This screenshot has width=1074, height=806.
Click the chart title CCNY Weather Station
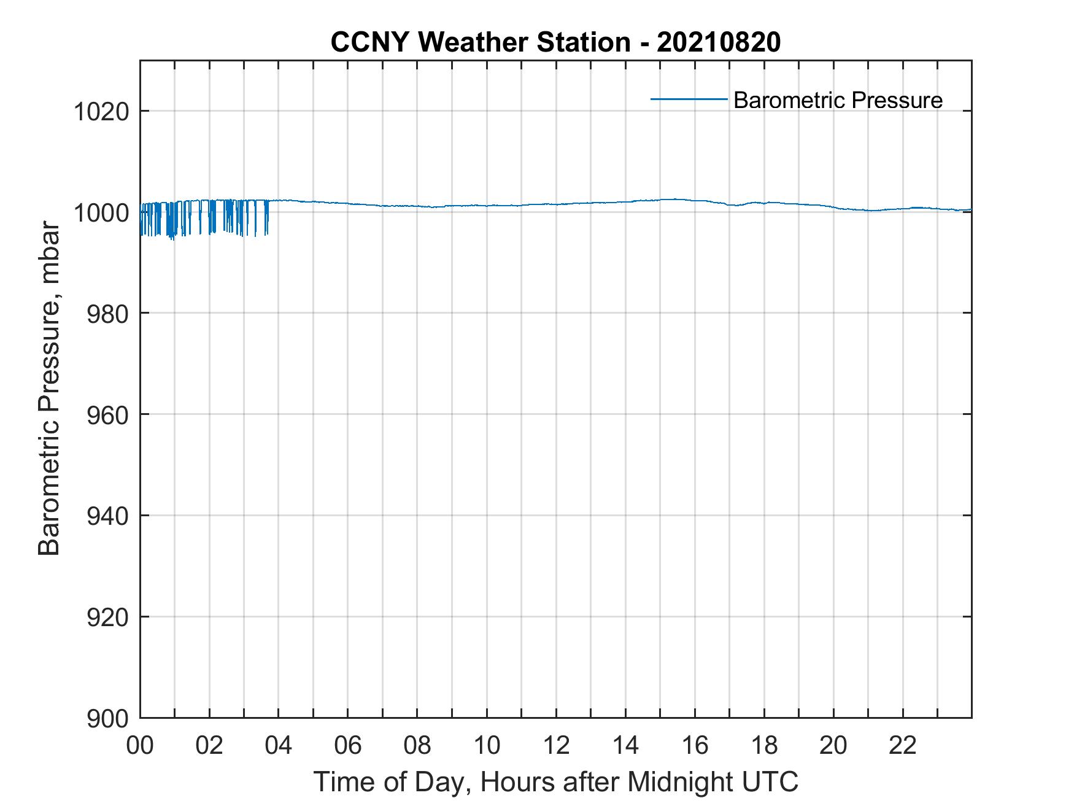pos(480,42)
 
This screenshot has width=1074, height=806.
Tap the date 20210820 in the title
pos(719,42)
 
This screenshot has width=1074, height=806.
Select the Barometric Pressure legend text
pos(838,100)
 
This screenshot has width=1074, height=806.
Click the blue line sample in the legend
pos(689,99)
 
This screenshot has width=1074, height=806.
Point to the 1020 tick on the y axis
pos(101,112)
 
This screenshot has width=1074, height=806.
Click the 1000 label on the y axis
pos(101,213)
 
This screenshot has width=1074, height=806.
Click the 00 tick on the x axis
pos(140,746)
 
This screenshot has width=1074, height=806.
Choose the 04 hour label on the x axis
pos(279,746)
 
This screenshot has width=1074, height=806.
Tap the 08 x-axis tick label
pos(417,746)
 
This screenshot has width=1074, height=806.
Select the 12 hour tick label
pos(556,746)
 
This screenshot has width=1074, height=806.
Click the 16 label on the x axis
pos(695,746)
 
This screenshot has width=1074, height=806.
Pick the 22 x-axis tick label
pos(903,746)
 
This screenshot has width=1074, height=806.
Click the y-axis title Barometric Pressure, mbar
pos(49,389)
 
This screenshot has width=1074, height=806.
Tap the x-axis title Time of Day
pos(393,782)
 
